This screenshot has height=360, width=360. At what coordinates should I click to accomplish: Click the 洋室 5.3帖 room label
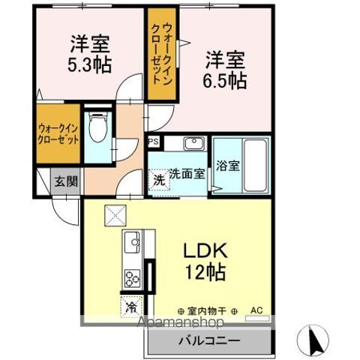pyautogui.click(x=91, y=53)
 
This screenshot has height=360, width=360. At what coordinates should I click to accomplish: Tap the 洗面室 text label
pyautogui.click(x=187, y=173)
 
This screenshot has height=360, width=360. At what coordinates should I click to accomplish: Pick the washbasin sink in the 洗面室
pyautogui.click(x=193, y=143)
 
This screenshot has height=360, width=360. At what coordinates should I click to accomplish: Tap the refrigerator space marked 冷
pyautogui.click(x=131, y=306)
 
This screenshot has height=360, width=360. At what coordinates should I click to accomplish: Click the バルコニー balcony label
pyautogui.click(x=208, y=340)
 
